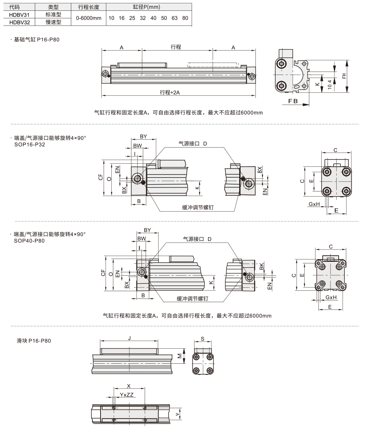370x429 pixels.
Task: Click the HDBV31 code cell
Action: click(19, 15)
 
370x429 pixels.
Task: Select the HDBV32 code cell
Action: click(19, 22)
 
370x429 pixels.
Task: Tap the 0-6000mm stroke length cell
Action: click(89, 18)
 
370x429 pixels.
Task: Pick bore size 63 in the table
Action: click(174, 18)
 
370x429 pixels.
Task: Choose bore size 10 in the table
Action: click(111, 18)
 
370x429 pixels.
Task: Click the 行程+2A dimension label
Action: click(170, 92)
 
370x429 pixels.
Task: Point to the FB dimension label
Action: click(293, 101)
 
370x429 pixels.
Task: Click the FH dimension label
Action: click(344, 76)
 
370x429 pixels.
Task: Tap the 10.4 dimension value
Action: click(329, 84)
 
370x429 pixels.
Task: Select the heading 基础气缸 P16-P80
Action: click(37, 39)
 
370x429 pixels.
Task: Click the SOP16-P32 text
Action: click(30, 144)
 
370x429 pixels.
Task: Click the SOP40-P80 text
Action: click(29, 241)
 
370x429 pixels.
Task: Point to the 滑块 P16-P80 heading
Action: click(34, 341)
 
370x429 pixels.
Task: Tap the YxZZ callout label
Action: click(126, 395)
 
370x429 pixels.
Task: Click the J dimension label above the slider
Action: click(129, 338)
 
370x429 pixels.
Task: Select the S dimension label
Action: click(203, 339)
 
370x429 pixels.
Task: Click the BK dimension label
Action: click(261, 266)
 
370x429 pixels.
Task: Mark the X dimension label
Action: click(129, 386)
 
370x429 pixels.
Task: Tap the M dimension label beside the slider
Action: click(180, 356)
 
